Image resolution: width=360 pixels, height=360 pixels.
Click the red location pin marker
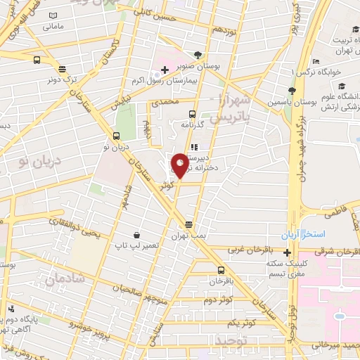179,165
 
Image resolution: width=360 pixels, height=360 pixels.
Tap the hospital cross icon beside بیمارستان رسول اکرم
165,69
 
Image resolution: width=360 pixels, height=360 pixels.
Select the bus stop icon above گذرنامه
192,113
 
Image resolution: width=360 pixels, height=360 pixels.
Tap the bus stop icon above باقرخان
221,270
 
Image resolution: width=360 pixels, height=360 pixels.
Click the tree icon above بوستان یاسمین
291,90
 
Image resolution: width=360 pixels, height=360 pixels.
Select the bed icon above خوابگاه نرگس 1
316,61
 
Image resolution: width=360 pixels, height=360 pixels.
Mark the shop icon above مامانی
53,15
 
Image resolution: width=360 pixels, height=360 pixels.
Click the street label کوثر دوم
218,300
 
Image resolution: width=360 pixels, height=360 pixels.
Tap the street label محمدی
169,103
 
